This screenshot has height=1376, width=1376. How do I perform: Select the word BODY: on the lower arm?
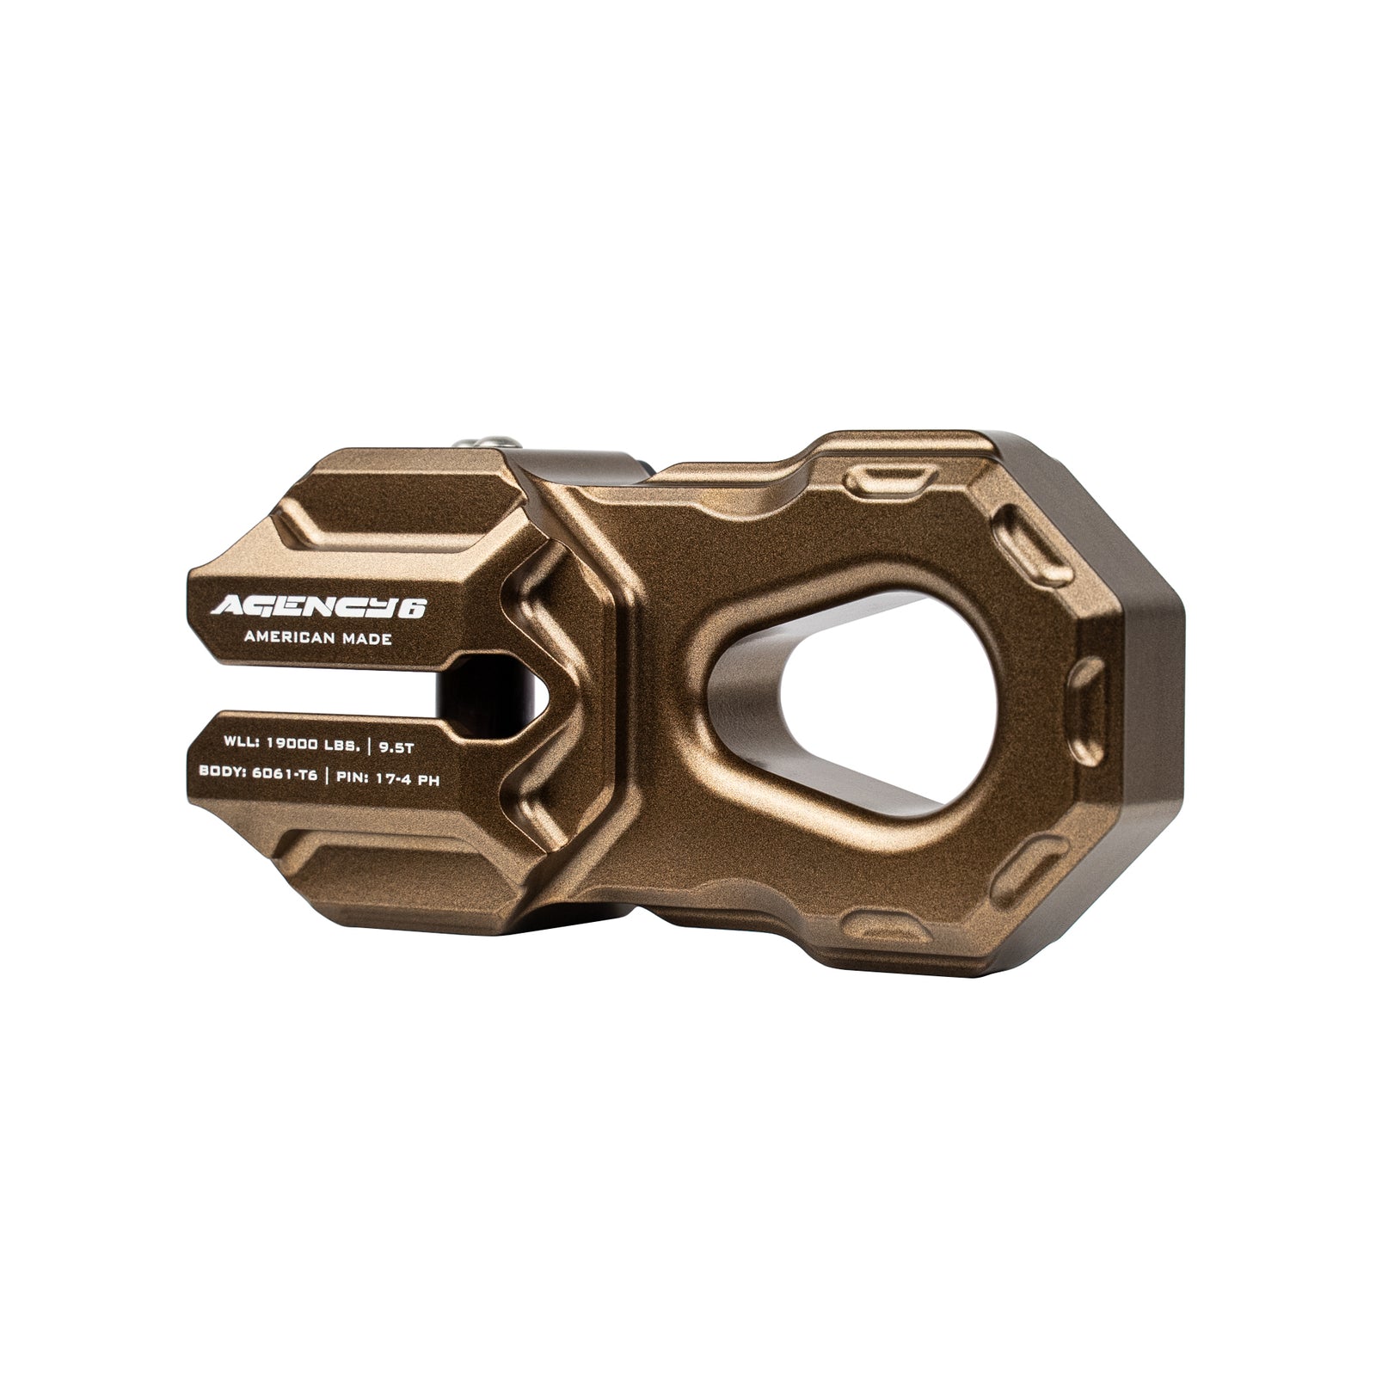[x=220, y=773]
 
